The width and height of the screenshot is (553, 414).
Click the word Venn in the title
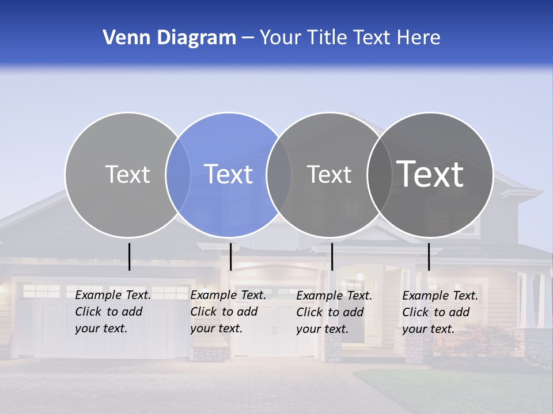123,38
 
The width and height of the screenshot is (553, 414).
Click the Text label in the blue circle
229,174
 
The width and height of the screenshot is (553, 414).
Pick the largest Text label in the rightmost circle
430,174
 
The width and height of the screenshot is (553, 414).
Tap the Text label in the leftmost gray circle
127,174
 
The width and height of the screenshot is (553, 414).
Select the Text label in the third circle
329,174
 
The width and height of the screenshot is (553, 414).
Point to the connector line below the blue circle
230,256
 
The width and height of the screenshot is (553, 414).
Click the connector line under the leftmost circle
129,256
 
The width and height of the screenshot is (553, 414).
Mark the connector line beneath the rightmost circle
429,256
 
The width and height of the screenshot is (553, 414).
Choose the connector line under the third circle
332,256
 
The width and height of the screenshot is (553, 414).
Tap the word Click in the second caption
204,312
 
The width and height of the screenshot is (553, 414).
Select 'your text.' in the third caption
321,329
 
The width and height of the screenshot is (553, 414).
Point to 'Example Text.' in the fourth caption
440,296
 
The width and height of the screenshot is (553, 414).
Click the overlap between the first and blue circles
178,174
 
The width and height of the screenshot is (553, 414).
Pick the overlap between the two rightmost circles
380,174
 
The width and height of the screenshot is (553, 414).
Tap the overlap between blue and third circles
279,174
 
